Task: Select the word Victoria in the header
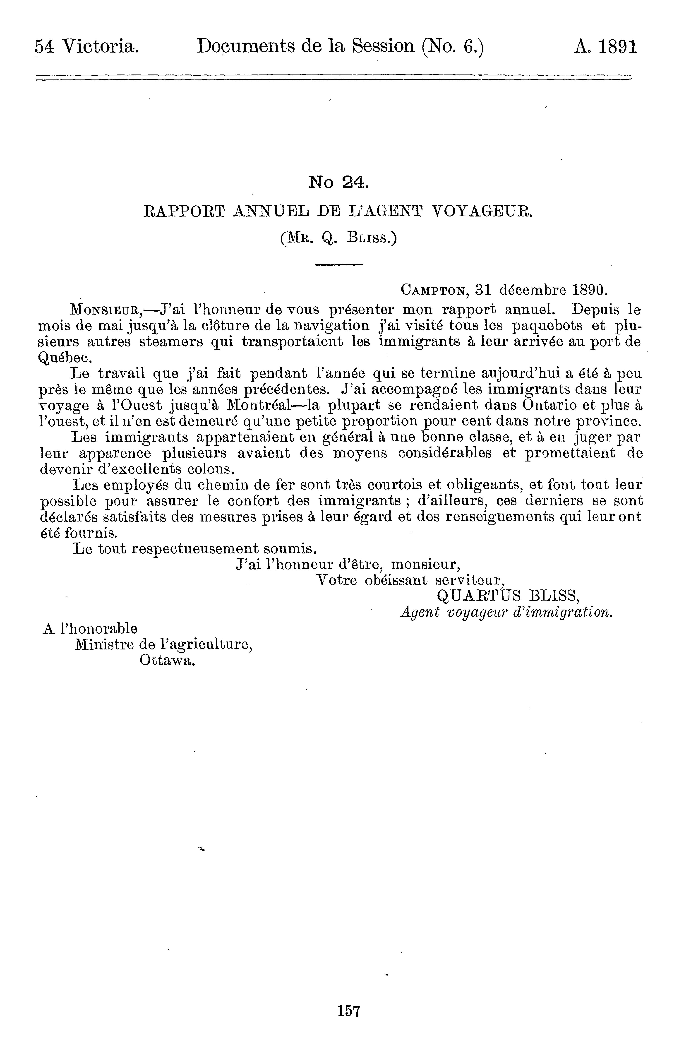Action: click(x=101, y=47)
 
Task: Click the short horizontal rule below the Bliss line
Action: click(x=339, y=264)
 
